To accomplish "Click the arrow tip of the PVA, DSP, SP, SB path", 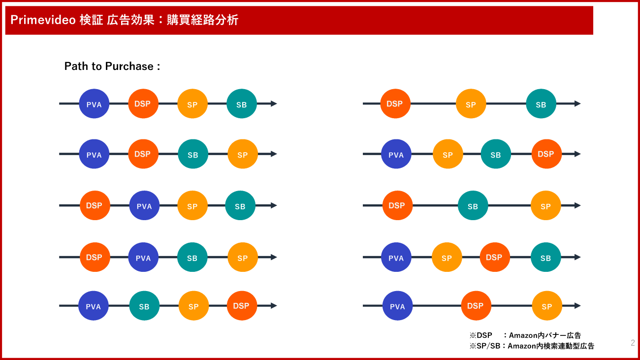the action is (x=277, y=103).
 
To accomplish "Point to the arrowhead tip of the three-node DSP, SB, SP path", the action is (x=581, y=205).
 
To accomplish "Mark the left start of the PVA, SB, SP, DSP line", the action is (x=59, y=306).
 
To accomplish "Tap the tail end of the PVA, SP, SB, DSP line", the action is (x=363, y=154).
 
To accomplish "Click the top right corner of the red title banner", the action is (x=593, y=6).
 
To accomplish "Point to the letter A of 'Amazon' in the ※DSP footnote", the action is (x=512, y=335).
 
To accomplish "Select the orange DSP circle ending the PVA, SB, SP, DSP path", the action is (x=242, y=306).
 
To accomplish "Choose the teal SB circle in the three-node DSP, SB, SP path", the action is (x=473, y=205).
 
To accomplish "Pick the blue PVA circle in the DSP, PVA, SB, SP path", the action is (x=143, y=257).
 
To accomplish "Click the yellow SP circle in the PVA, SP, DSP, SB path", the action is (x=447, y=257).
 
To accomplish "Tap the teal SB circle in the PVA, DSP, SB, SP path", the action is (x=193, y=154).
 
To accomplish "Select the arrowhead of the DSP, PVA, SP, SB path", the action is (x=274, y=205).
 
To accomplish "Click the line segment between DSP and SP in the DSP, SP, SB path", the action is (x=433, y=103).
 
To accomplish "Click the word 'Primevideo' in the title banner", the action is (x=43, y=20).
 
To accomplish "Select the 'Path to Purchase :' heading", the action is (x=112, y=66).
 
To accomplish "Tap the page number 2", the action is (x=633, y=343).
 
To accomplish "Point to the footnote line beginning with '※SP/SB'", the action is (x=532, y=346).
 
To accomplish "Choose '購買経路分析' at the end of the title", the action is (x=202, y=20).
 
